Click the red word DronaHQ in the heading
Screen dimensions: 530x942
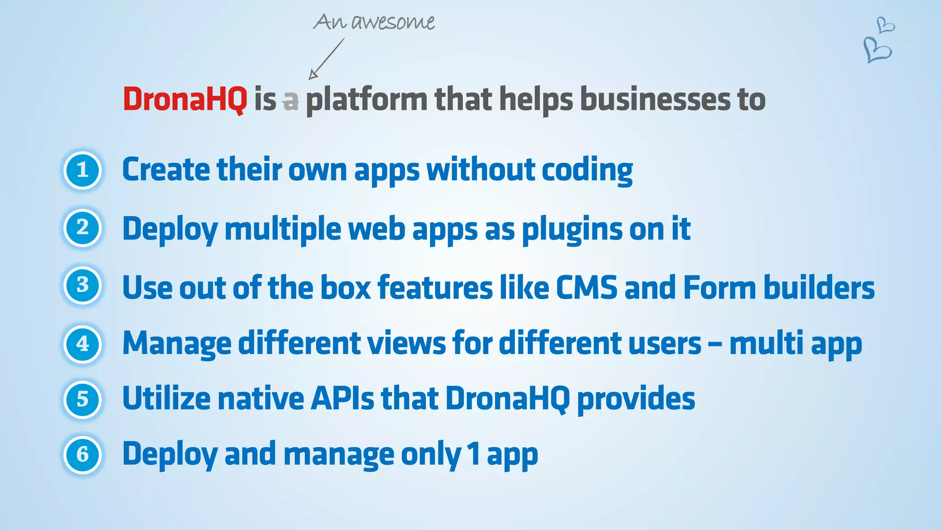click(185, 99)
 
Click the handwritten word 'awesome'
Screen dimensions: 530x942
click(393, 22)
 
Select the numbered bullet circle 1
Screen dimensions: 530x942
click(82, 171)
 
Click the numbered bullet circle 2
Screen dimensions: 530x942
click(82, 228)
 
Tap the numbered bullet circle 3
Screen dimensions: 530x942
click(82, 285)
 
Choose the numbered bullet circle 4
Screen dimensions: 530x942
click(82, 344)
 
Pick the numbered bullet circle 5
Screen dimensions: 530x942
click(82, 399)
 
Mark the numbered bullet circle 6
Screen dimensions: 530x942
click(82, 455)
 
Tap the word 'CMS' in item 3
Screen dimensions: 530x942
click(586, 288)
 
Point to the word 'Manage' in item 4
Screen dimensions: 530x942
click(177, 344)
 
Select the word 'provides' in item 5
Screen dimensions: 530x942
click(636, 399)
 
